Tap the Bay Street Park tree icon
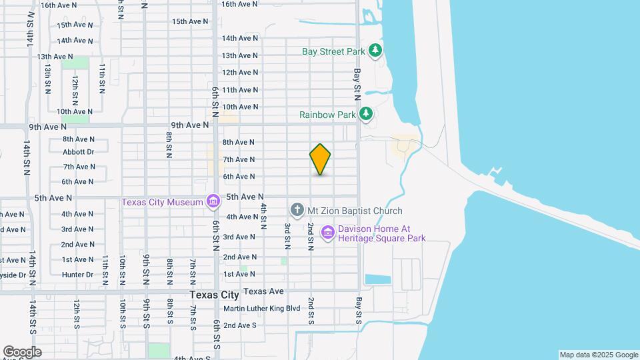point(376,50)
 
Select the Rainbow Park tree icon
point(365,115)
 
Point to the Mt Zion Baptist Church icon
point(297,211)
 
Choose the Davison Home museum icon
point(327,232)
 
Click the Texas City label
point(214,295)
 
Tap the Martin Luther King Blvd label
point(262,309)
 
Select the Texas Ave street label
point(263,291)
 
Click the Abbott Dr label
point(79,152)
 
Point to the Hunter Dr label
point(78,275)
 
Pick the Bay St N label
point(357,80)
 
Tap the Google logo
point(22,352)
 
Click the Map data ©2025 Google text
point(599,355)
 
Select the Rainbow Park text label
point(327,115)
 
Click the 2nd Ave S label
point(240,325)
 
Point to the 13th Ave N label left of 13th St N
point(55,57)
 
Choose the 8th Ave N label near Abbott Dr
point(79,139)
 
